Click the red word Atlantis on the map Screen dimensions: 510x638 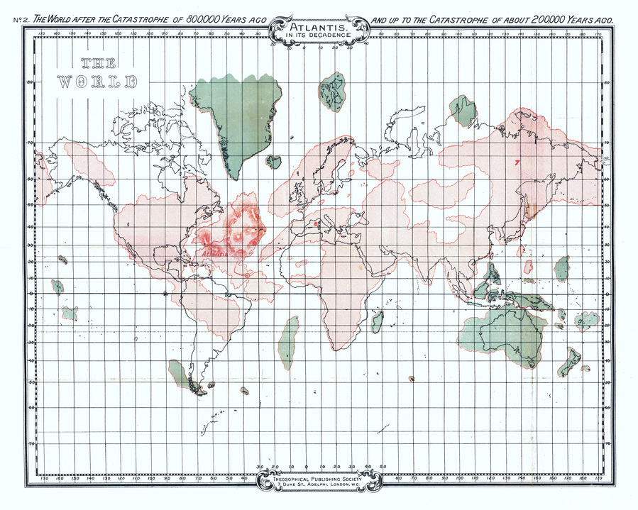pos(214,253)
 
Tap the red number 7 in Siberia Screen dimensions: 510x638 pos(517,162)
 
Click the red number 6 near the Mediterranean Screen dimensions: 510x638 pos(314,225)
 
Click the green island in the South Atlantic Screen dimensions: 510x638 pos(287,342)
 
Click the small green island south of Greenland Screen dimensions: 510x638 pos(273,161)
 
